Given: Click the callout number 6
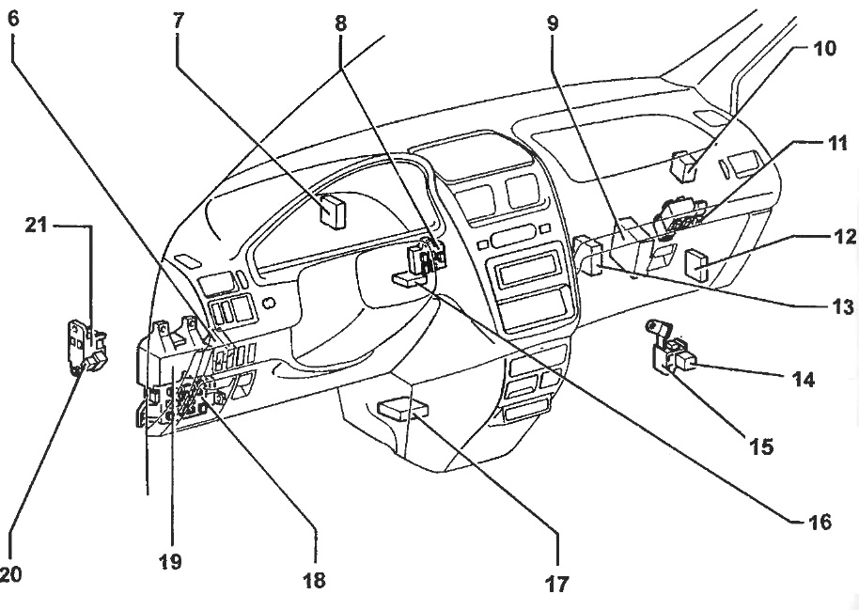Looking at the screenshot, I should [12, 18].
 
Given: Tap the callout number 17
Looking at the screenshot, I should [557, 585].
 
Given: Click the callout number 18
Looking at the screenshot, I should [313, 580].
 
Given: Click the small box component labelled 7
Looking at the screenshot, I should [332, 211].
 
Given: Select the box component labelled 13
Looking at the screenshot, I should [592, 256].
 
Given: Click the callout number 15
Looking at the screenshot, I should [760, 446].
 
